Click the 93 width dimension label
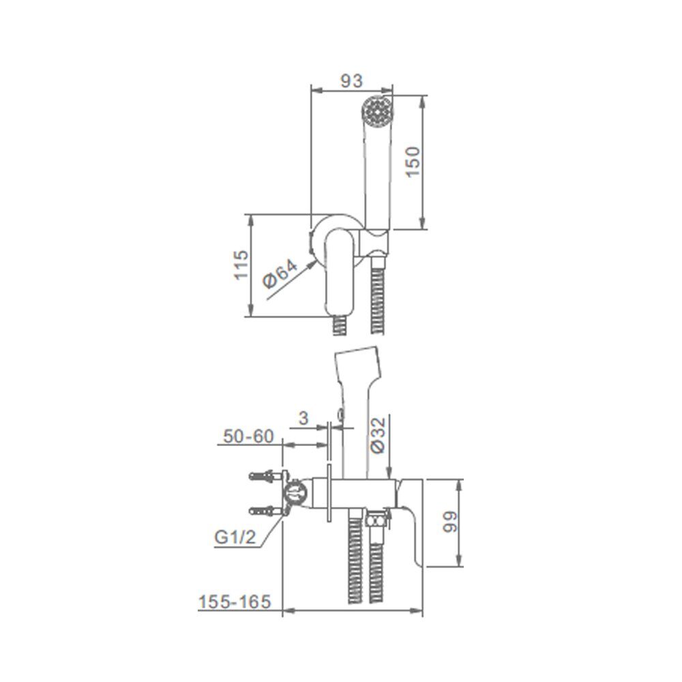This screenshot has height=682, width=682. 351,81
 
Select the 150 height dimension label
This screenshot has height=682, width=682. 414,162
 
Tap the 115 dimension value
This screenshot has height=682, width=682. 241,265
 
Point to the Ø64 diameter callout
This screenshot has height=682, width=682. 280,274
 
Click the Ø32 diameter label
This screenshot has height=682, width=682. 379,435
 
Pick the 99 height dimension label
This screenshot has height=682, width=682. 450,522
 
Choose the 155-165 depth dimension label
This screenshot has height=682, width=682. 235,602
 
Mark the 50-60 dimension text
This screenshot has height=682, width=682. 249,436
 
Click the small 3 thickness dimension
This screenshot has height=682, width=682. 303,419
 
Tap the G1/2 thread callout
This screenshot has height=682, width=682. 235,537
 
